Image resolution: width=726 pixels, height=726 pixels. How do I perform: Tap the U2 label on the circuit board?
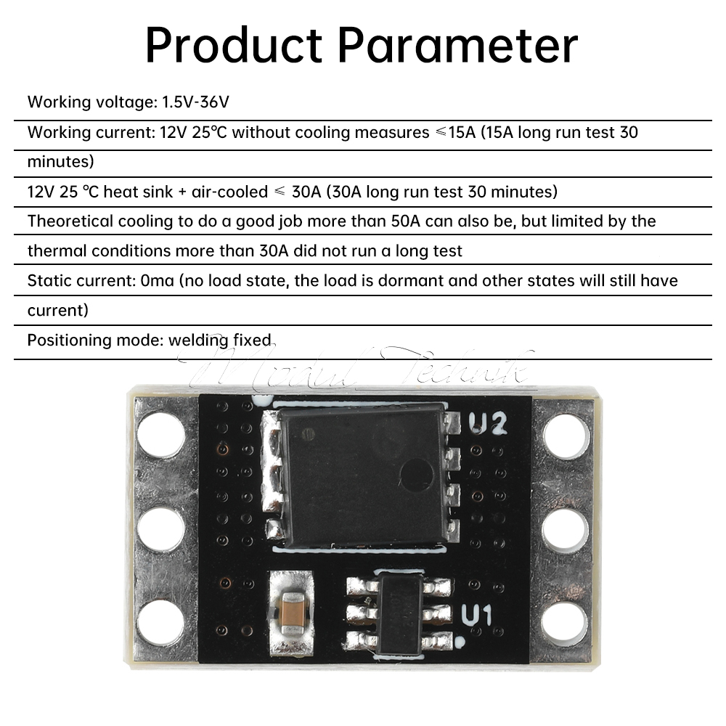(487, 423)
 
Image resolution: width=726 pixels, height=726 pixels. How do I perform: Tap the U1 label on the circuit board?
(477, 616)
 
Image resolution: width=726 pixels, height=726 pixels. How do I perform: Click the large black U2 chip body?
(363, 476)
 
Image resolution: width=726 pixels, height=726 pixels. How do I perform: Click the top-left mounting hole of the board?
(160, 433)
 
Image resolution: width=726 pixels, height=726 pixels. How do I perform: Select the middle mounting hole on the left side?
(160, 529)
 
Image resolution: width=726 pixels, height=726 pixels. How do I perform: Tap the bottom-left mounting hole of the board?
(160, 623)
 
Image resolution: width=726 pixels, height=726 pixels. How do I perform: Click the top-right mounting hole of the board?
(566, 436)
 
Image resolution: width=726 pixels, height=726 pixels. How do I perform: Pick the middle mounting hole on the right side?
(566, 529)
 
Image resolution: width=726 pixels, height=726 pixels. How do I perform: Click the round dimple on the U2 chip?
(417, 476)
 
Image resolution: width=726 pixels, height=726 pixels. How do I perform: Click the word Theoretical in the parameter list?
(70, 221)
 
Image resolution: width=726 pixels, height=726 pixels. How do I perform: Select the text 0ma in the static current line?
(158, 280)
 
